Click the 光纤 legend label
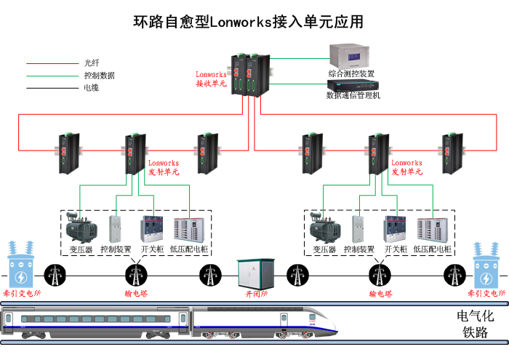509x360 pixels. (x=91, y=63)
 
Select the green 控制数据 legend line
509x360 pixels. (x=51, y=76)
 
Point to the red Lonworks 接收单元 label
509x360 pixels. (x=211, y=79)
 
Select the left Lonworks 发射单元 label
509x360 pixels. (x=164, y=168)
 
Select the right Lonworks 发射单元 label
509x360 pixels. (x=406, y=168)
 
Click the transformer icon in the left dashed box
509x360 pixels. (x=81, y=228)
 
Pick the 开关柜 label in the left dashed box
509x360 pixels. (x=151, y=249)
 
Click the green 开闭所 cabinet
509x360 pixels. (x=254, y=276)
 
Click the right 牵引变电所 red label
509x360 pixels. (x=486, y=294)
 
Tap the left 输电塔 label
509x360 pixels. (x=136, y=294)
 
